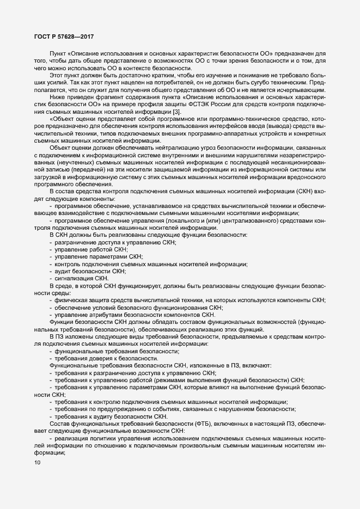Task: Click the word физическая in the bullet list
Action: (x=70, y=299)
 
